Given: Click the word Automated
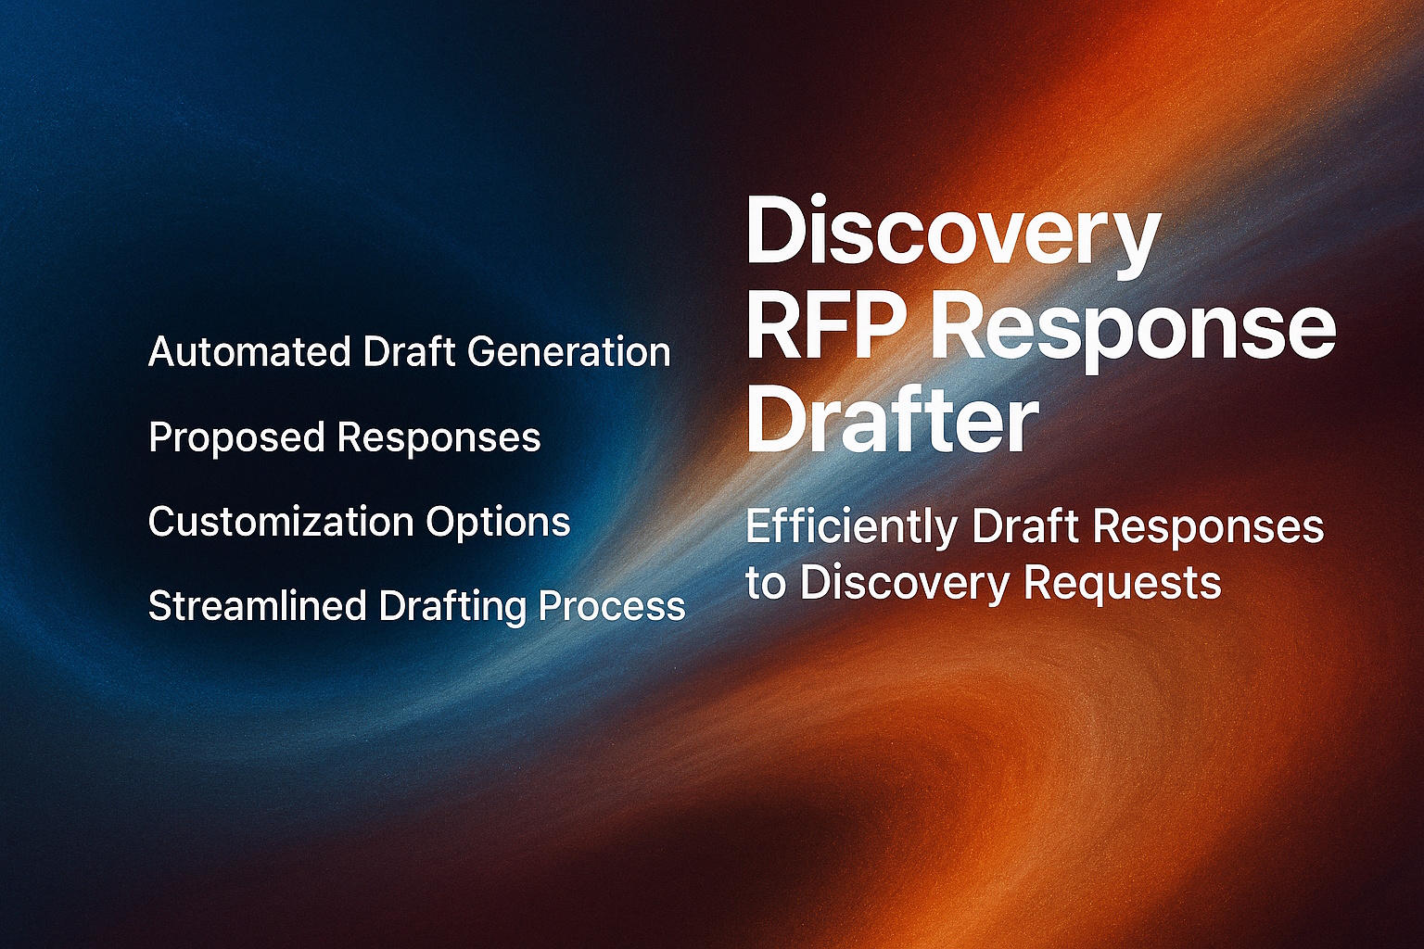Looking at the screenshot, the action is click(x=249, y=351).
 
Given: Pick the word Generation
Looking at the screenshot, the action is click(x=569, y=351).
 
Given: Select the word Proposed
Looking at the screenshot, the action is click(x=237, y=438).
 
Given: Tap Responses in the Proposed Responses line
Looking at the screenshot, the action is click(x=439, y=438).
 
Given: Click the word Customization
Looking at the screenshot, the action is click(x=281, y=522).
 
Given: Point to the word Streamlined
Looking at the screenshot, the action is click(x=258, y=606).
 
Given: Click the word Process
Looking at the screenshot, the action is click(x=612, y=607).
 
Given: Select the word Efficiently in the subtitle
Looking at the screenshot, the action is click(x=852, y=527).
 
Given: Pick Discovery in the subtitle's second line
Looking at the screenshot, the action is click(x=905, y=584).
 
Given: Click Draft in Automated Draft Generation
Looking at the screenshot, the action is click(x=410, y=351).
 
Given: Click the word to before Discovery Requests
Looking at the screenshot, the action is click(x=766, y=584).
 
